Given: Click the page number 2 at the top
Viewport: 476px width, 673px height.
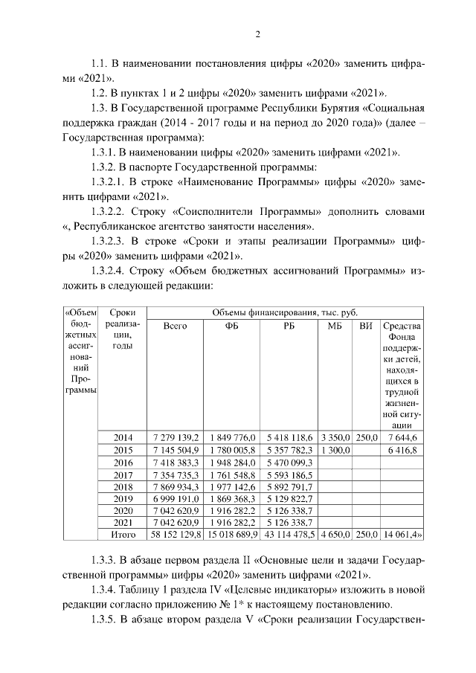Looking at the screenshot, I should pos(257,33).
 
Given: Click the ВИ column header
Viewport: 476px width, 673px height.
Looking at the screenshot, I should pos(365,326).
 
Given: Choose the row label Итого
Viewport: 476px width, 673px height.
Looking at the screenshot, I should pos(122,534).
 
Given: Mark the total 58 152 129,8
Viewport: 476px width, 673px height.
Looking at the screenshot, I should pos(175,534).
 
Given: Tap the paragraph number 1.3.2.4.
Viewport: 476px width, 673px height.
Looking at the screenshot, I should pos(111,271).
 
